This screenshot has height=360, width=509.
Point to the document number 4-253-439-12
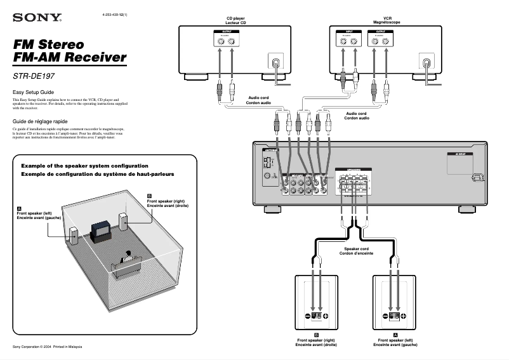tap(114, 14)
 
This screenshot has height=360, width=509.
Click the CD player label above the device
tap(235, 20)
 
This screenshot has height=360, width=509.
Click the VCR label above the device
tap(387, 20)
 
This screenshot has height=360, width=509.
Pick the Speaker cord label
tap(356, 251)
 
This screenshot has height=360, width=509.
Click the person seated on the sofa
tap(127, 257)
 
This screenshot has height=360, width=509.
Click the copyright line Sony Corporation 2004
tap(48, 347)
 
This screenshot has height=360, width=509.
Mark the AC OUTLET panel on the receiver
tap(462, 163)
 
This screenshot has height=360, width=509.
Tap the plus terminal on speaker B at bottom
tap(326, 316)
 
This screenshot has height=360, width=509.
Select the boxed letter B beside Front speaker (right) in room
tap(149, 196)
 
